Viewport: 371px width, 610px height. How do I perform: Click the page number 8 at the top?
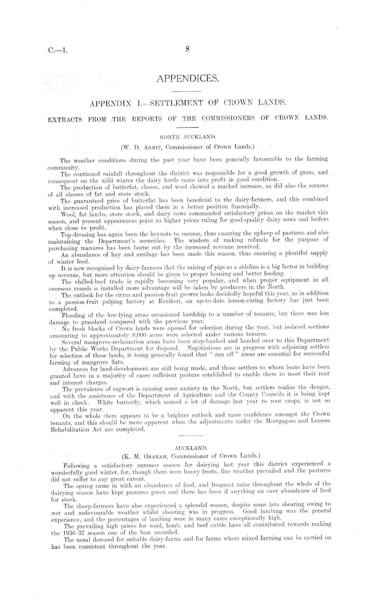[x=187, y=49]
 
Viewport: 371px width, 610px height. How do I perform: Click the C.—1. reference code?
[x=58, y=51]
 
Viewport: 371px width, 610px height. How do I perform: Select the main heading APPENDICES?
[x=188, y=78]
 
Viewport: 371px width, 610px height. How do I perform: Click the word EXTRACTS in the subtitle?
[x=65, y=119]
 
